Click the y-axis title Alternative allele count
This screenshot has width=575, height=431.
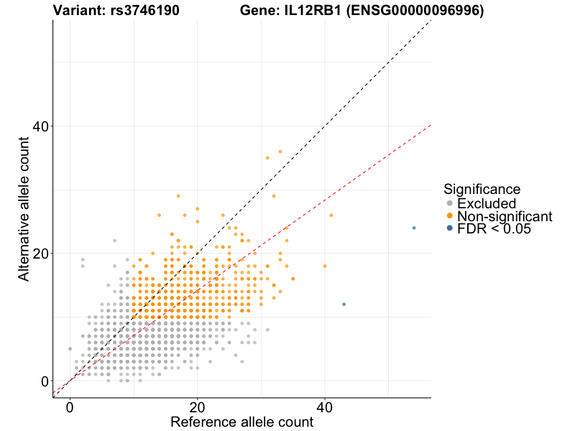click(24, 201)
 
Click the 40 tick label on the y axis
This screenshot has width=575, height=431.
click(39, 126)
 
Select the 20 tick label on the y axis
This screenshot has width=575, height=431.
click(39, 254)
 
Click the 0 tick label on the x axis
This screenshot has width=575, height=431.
click(70, 407)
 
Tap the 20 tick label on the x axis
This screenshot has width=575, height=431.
click(197, 407)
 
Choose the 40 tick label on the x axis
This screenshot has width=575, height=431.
click(325, 407)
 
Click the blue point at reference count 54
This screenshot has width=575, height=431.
click(414, 228)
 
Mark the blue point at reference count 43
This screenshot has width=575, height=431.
click(344, 305)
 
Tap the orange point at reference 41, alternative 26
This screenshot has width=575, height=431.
click(331, 215)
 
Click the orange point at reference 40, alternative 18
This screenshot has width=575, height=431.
click(325, 266)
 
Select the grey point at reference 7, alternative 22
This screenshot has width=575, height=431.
click(114, 241)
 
